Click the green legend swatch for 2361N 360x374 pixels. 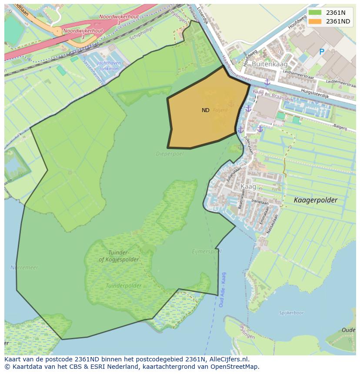[x=316, y=13]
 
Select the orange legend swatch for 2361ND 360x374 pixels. [x=316, y=21]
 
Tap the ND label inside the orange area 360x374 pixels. [x=206, y=110]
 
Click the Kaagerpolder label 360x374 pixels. [x=315, y=200]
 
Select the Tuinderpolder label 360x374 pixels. [x=123, y=286]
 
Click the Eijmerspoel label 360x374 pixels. [x=207, y=252]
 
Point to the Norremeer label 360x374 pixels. [x=12, y=268]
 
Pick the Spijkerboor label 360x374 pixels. [x=291, y=313]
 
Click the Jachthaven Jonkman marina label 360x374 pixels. [x=109, y=66]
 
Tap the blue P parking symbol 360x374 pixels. [x=322, y=52]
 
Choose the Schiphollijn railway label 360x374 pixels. [x=141, y=37]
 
